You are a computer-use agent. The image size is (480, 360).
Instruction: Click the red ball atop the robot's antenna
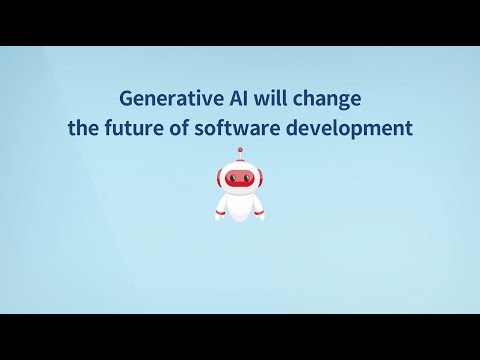pos(240,151)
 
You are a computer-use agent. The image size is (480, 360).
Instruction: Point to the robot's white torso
pos(240,204)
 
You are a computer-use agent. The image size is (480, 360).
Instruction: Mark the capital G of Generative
pos(126,99)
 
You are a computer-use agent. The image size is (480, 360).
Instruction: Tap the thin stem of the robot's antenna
pos(240,159)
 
